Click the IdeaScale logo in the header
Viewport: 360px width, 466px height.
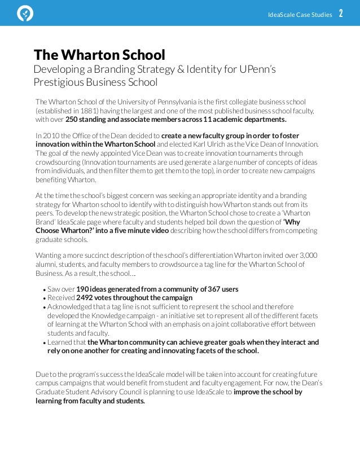(25, 12)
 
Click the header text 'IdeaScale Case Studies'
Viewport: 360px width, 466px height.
(300, 14)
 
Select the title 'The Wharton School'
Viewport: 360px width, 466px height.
(99, 55)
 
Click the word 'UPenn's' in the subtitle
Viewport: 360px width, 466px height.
(260, 70)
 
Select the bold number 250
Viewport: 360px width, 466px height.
(73, 120)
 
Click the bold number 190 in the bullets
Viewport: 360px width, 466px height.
(84, 289)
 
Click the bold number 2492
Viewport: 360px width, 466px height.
(86, 298)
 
